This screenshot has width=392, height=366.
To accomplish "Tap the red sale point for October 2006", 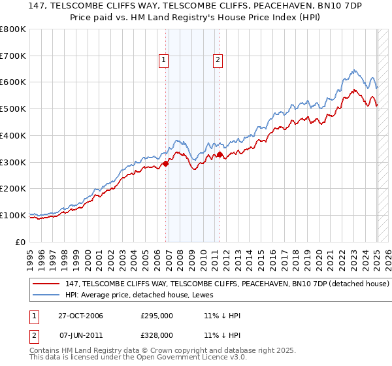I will click(x=166, y=163).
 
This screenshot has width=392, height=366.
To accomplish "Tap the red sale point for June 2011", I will click(x=220, y=155).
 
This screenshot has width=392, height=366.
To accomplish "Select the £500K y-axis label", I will click(x=13, y=109).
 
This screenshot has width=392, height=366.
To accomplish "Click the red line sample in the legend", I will click(x=47, y=284).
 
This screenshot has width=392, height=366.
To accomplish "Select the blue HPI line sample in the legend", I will click(x=47, y=296).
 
